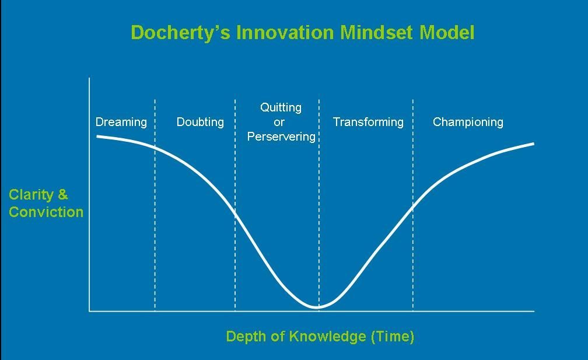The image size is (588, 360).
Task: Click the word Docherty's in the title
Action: (180, 33)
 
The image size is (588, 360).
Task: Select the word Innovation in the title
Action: (285, 32)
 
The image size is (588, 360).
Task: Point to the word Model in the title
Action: (447, 32)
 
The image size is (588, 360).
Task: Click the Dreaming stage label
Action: (121, 123)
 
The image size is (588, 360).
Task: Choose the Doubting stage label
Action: (200, 123)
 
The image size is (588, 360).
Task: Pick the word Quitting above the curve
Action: (281, 108)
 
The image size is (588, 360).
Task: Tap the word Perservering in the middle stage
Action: (281, 137)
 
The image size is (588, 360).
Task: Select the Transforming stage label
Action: (368, 123)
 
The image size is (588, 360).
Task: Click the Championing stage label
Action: (468, 123)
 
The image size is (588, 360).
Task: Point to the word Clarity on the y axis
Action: (31, 195)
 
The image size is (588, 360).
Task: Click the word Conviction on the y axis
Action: (46, 212)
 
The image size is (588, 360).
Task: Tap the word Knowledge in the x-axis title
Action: (328, 337)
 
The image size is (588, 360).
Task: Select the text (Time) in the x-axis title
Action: (393, 337)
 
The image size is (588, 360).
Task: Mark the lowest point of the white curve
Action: (317, 307)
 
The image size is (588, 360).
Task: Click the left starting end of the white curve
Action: (97, 136)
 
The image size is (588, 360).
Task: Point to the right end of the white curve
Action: (533, 144)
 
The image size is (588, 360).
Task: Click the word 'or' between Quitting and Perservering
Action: (279, 123)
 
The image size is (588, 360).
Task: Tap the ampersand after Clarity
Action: (63, 195)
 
